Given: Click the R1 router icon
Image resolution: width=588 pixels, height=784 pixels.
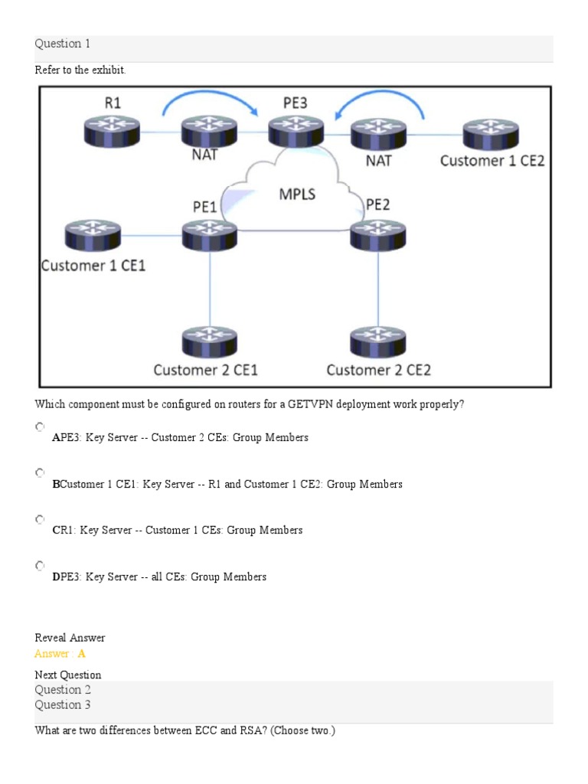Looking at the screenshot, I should pyautogui.click(x=112, y=132).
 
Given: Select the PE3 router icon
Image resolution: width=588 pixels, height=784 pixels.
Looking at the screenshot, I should pyautogui.click(x=296, y=132).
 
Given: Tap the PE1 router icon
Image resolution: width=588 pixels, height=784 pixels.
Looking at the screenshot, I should pyautogui.click(x=210, y=234).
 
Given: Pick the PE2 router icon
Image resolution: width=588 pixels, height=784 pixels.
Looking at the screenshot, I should pyautogui.click(x=377, y=234).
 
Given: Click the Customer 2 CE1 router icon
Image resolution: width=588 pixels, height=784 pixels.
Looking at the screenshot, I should pyautogui.click(x=210, y=342).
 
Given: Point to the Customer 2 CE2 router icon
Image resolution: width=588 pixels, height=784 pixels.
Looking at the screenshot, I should pyautogui.click(x=377, y=342).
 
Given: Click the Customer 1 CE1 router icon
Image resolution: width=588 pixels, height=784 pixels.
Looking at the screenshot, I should pyautogui.click(x=92, y=234).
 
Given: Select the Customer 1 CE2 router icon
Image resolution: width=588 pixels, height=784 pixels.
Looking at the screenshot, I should pyautogui.click(x=491, y=132).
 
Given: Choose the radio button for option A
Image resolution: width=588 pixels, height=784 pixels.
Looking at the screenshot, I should pyautogui.click(x=40, y=426).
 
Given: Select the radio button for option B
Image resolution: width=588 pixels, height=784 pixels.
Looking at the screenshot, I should pyautogui.click(x=40, y=473).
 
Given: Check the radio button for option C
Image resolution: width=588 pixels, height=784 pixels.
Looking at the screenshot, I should pyautogui.click(x=40, y=519).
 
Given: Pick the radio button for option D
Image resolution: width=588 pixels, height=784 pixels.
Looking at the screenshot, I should pyautogui.click(x=40, y=566).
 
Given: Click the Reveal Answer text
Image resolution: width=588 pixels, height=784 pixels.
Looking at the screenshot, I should pyautogui.click(x=70, y=638).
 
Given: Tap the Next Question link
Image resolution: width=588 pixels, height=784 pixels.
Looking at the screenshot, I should pyautogui.click(x=68, y=675).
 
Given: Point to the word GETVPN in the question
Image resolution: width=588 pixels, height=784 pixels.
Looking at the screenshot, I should pyautogui.click(x=312, y=404).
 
